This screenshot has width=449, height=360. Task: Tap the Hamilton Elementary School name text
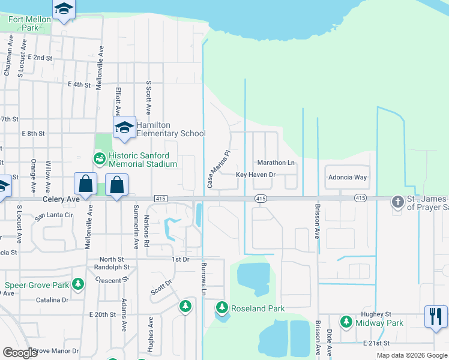(x=170, y=129)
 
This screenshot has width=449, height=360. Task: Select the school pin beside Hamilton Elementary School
(x=124, y=128)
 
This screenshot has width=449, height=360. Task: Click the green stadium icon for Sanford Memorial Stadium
(x=98, y=159)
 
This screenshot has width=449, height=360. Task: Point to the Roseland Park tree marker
(x=222, y=308)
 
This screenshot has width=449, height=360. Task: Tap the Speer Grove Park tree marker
(x=77, y=283)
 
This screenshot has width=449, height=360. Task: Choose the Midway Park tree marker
(x=346, y=322)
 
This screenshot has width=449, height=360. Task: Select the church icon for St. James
(x=397, y=202)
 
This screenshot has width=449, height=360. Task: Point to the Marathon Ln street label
(x=276, y=163)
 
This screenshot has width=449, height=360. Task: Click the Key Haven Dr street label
(x=255, y=175)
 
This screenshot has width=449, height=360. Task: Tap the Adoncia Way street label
(x=347, y=178)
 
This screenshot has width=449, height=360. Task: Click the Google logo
(x=20, y=353)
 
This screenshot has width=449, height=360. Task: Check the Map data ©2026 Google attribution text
(x=411, y=355)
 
